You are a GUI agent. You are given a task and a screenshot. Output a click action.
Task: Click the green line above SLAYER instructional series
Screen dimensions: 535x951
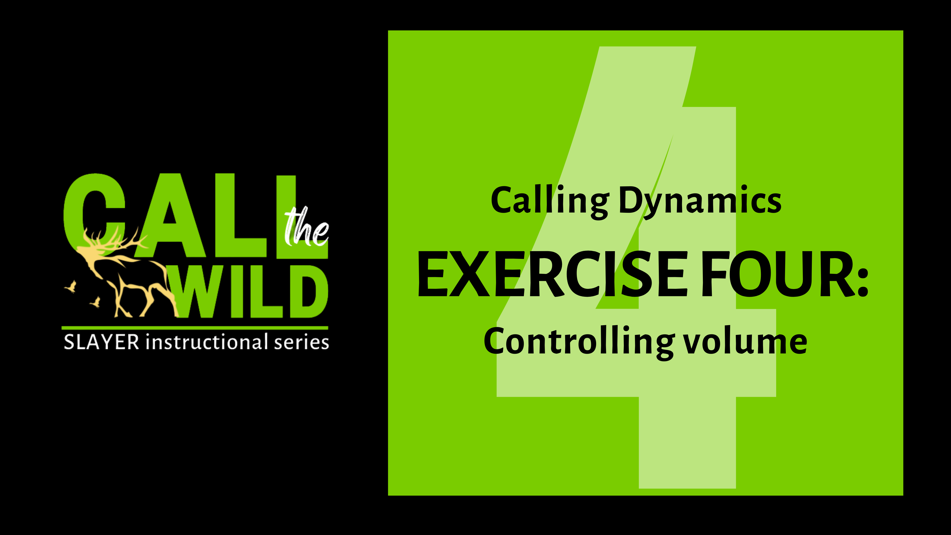(x=195, y=327)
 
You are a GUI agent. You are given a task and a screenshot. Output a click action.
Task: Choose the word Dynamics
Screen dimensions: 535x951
(x=700, y=201)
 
